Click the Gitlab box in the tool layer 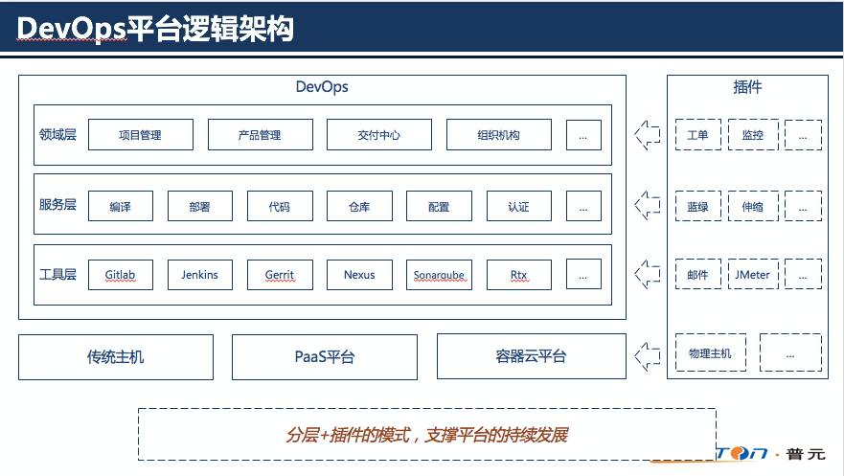pyautogui.click(x=121, y=275)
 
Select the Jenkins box pyautogui.click(x=200, y=275)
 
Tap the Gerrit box pyautogui.click(x=280, y=275)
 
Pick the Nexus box pyautogui.click(x=359, y=275)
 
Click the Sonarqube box pyautogui.click(x=439, y=275)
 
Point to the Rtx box pyautogui.click(x=519, y=275)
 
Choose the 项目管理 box pyautogui.click(x=141, y=135)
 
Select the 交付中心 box pyautogui.click(x=378, y=135)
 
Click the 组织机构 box pyautogui.click(x=498, y=135)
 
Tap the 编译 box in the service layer pyautogui.click(x=121, y=206)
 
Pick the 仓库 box pyautogui.click(x=359, y=206)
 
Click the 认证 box pyautogui.click(x=519, y=206)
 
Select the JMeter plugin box pyautogui.click(x=752, y=275)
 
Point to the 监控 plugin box pyautogui.click(x=752, y=135)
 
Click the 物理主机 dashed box pyautogui.click(x=710, y=353)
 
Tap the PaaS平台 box pyautogui.click(x=324, y=357)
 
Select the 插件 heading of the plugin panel pyautogui.click(x=747, y=87)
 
